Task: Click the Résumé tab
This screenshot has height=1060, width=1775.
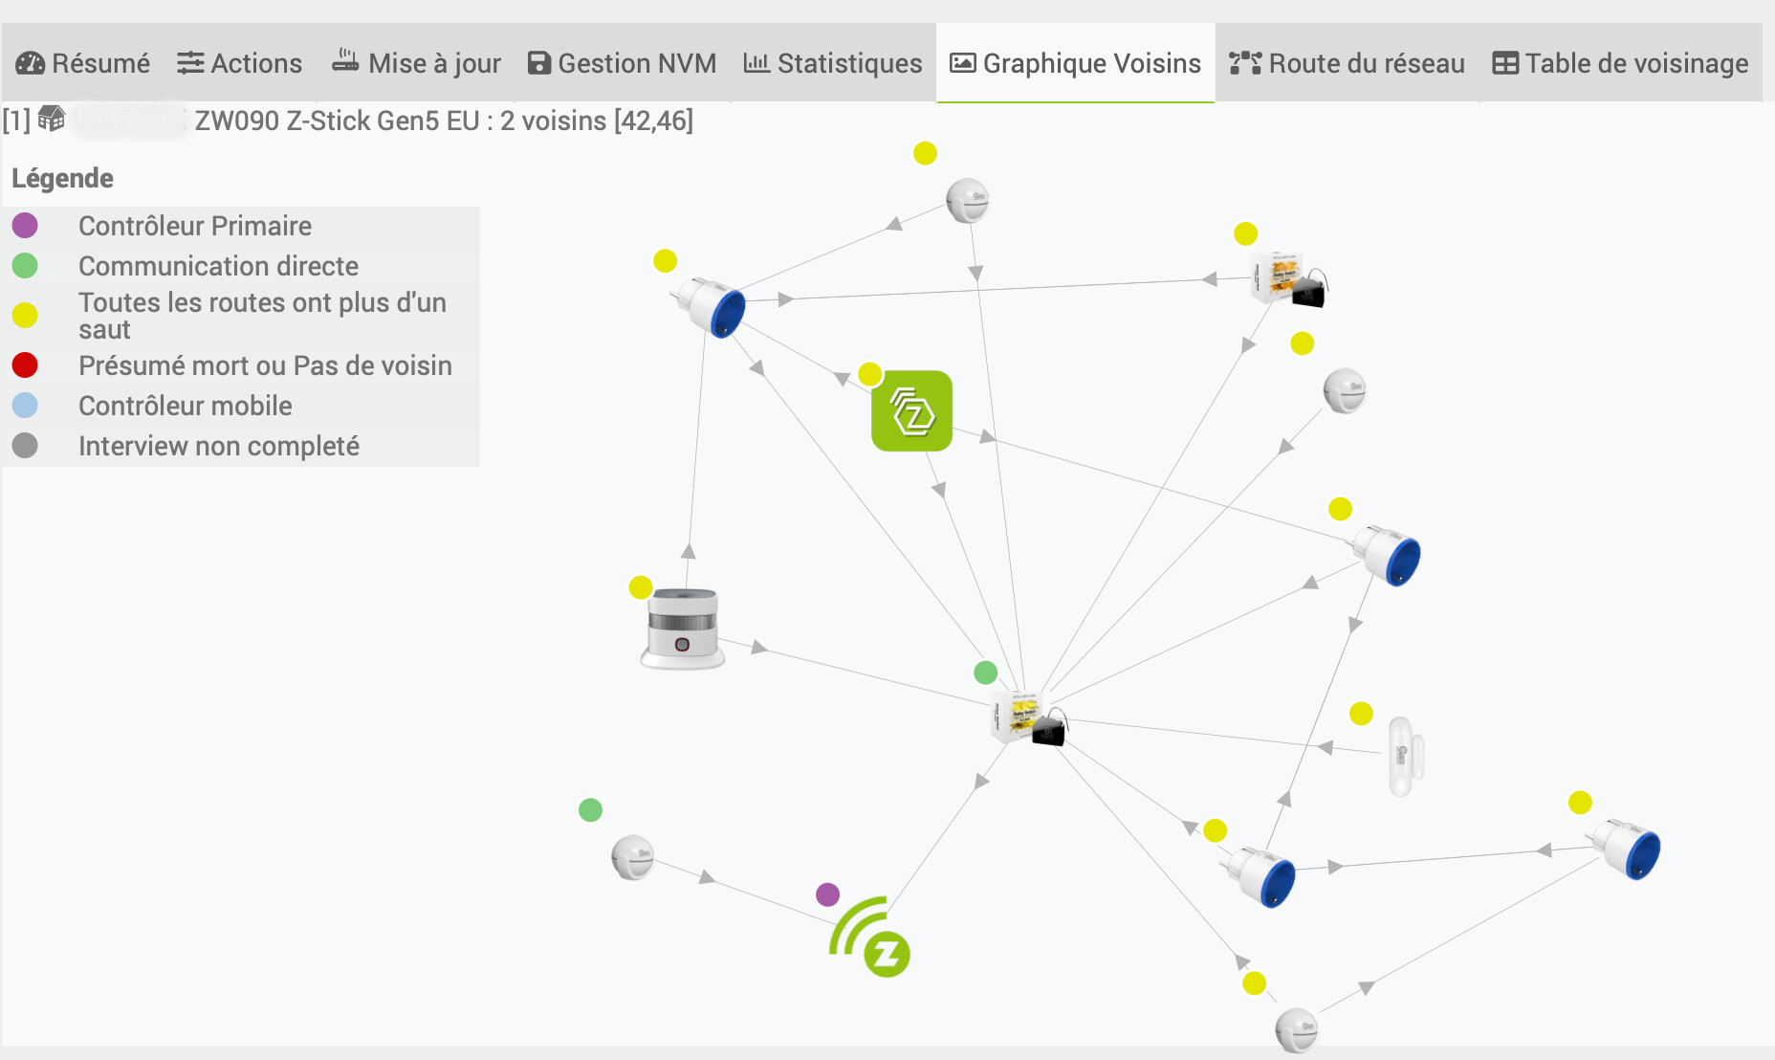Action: point(83,63)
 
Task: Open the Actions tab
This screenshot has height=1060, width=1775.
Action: point(240,63)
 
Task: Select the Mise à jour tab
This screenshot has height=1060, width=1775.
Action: point(416,63)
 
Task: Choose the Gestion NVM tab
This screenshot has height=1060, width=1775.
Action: point(622,63)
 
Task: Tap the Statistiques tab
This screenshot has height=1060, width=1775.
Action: point(833,63)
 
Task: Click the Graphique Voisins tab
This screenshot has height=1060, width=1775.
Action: point(1075,63)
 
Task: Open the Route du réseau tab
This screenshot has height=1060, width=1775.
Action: point(1347,63)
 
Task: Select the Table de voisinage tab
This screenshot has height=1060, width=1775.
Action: point(1620,63)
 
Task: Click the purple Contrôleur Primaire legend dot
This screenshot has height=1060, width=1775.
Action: point(25,226)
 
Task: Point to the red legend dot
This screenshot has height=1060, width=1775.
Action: point(25,365)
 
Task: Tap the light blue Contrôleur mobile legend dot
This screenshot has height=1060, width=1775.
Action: point(25,406)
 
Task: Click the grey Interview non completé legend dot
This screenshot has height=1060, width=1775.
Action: point(25,446)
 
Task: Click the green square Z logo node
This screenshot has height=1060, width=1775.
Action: point(911,411)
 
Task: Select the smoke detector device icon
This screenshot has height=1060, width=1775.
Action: point(682,629)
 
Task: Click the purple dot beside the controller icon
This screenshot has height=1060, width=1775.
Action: point(827,894)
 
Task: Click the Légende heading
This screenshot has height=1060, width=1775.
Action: point(62,178)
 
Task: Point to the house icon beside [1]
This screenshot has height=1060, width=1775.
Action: point(52,120)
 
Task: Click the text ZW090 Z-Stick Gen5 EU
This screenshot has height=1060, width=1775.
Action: point(337,121)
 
